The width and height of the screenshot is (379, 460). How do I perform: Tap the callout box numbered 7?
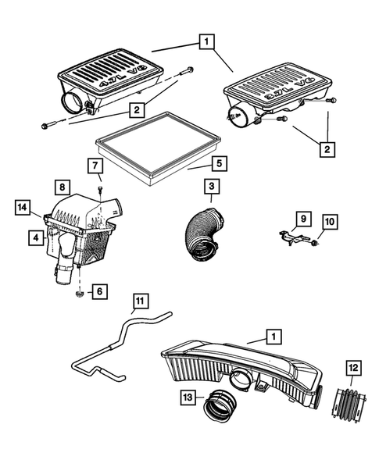coord(94,166)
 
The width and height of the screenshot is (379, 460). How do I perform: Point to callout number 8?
coord(62,187)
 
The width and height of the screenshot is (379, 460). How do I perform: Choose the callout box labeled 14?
coord(23,207)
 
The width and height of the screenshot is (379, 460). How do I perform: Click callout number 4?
coord(36,237)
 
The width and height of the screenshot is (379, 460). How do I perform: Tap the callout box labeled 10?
coord(329,224)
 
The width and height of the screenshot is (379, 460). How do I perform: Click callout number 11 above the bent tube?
coord(140,300)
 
